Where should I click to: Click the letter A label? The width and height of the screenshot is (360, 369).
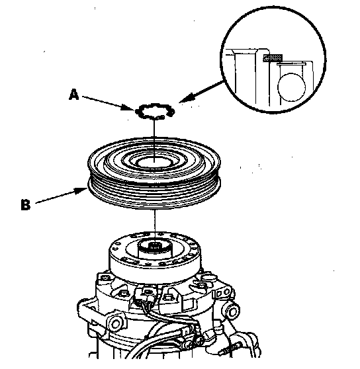(x=73, y=94)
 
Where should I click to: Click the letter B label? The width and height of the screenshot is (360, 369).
(x=25, y=204)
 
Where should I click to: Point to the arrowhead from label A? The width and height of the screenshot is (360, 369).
(x=129, y=108)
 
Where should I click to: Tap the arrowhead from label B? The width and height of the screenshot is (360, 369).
(x=80, y=190)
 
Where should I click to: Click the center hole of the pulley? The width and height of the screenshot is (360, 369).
(x=154, y=162)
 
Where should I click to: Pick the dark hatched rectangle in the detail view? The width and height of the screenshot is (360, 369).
(x=273, y=58)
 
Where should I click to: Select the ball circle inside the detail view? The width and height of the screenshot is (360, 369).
(x=291, y=87)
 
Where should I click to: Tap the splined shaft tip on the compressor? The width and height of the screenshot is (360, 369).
(x=155, y=248)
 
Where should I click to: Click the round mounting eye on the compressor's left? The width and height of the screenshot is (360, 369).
(x=115, y=324)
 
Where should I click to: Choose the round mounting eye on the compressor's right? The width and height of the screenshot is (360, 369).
(x=232, y=312)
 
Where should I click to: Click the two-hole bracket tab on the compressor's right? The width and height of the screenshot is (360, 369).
(x=222, y=293)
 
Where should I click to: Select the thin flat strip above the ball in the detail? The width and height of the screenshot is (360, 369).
(x=291, y=63)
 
